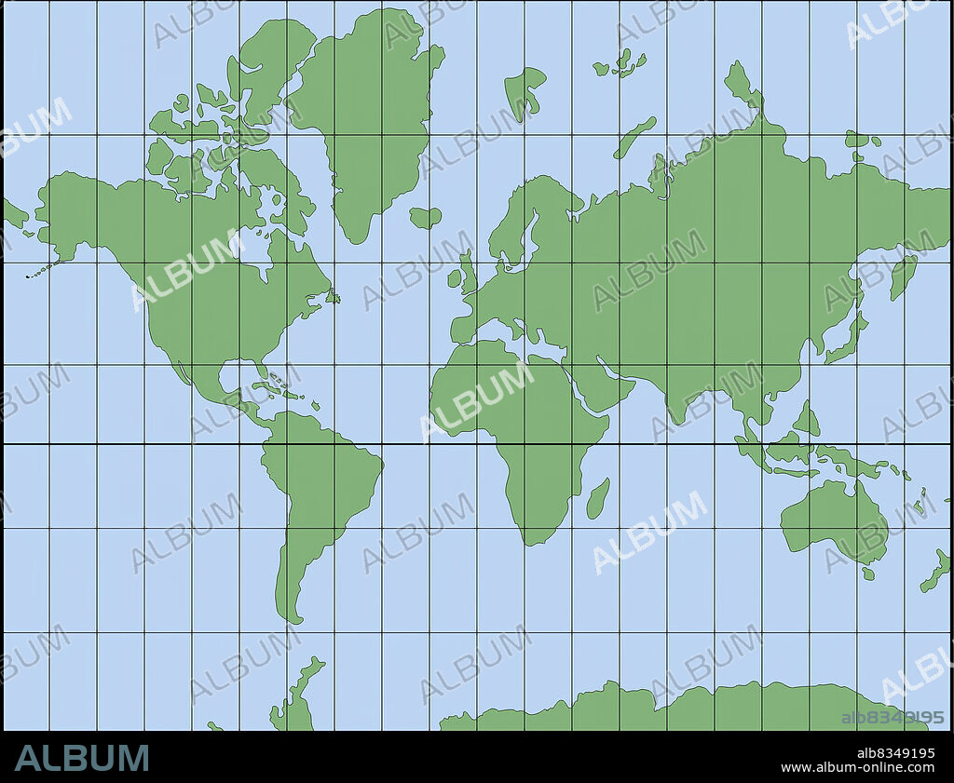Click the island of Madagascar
(x=598, y=499)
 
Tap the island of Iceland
(x=425, y=218)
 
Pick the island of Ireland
(x=455, y=277)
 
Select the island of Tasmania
(x=868, y=574)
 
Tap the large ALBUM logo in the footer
(x=82, y=758)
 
